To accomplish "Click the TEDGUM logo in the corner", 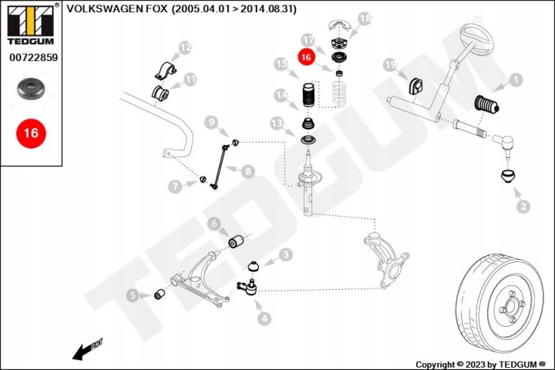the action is pos(31,24).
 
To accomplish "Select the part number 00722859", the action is pos(33,57).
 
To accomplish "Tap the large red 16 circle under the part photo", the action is pos(31,133).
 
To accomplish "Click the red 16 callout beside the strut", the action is pos(306,57).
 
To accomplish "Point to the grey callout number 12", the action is pos(185,48).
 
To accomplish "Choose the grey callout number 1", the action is pos(516,80).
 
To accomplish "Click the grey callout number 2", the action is pos(523,207).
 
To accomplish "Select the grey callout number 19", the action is pos(390,65).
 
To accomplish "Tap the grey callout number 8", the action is pos(247,172).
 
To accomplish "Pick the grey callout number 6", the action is pos(214,224).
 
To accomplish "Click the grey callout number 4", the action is pos(264,318).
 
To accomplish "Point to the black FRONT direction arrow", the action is pos(87,349).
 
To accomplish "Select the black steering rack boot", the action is pos(486,106).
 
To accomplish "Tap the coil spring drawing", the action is pos(339,93).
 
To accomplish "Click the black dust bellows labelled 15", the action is pos(308,95).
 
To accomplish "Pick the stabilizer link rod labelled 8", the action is pos(219,166).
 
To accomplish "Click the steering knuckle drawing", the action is pos(386,257).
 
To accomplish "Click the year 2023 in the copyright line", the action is pos(476,365).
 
